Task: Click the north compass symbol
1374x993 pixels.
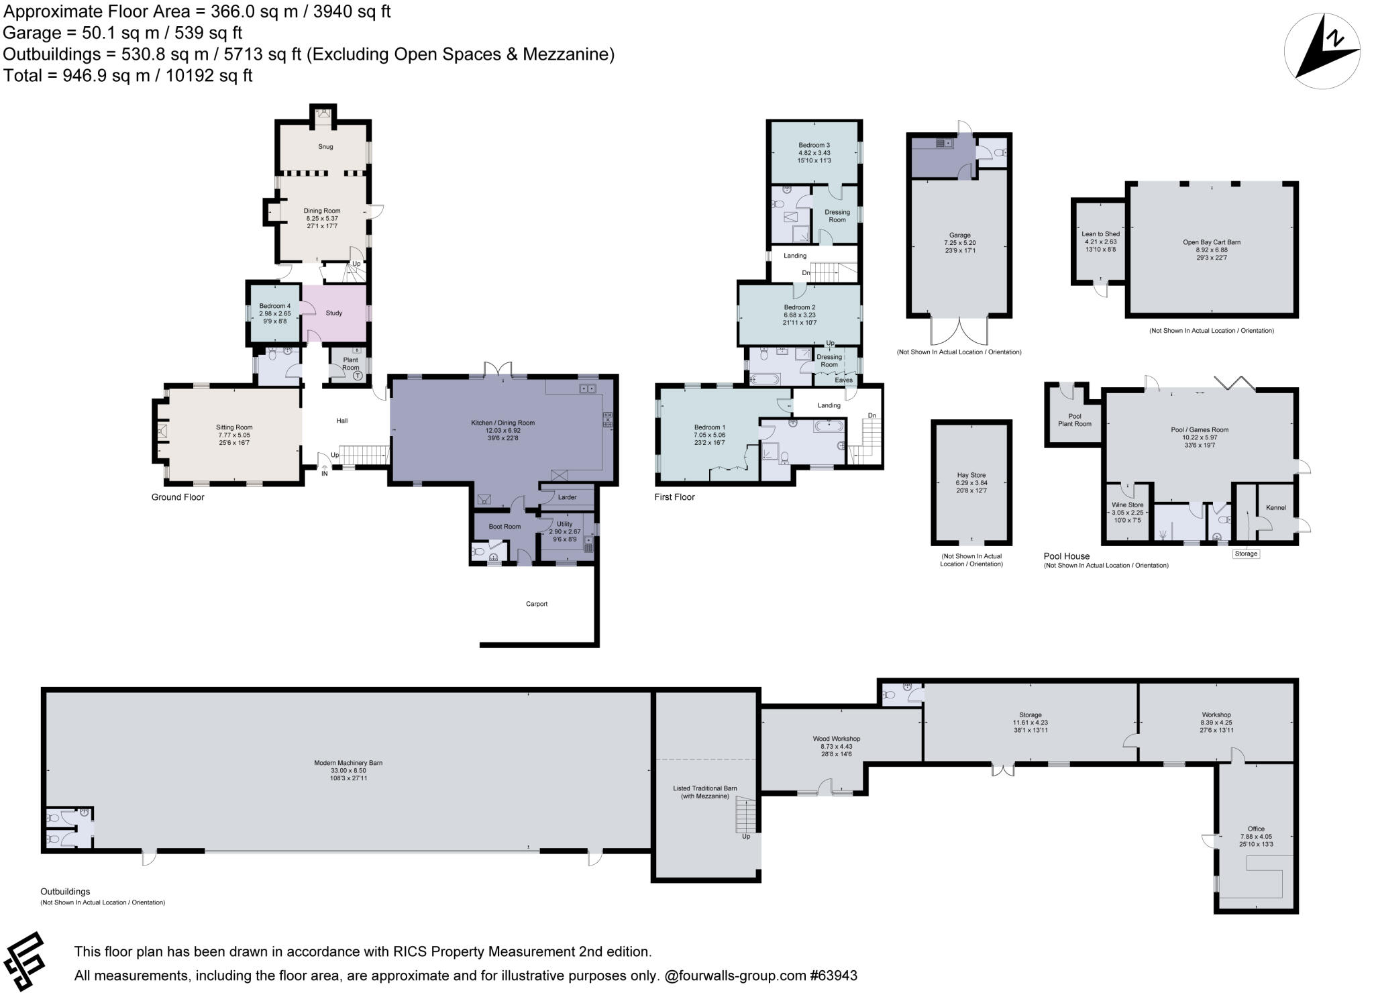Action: (1322, 51)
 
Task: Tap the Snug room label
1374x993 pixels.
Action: (325, 146)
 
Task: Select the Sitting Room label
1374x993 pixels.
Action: (234, 427)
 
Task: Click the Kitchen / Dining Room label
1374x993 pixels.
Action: (503, 423)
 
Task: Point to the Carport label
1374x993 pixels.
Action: (537, 604)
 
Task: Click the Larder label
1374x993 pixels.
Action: (567, 497)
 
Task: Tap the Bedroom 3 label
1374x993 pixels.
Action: (814, 145)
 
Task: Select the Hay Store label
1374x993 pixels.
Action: (971, 475)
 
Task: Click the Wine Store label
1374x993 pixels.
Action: (1127, 505)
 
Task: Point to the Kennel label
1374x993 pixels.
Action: (1275, 507)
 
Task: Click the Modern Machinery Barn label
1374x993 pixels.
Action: (348, 763)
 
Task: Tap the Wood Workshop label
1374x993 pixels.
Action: (836, 739)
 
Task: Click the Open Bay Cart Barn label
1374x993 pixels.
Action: (1211, 242)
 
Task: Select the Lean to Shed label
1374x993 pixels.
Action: (1100, 234)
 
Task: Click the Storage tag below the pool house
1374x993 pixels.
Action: (1246, 554)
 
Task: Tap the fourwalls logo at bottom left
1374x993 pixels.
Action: (25, 961)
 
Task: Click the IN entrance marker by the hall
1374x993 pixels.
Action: (325, 474)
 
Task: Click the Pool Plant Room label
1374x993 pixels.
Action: (1074, 420)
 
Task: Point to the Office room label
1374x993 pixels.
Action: (1256, 829)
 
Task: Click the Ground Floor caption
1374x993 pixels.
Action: (178, 497)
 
